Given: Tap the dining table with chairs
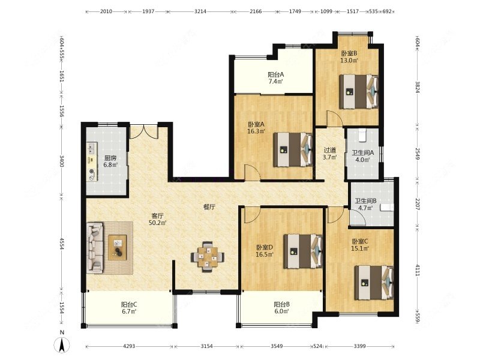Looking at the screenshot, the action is (208, 257).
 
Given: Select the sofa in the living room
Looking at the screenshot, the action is (95, 248).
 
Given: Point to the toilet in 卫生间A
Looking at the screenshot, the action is (362, 136).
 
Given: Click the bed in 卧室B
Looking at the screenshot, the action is (359, 92).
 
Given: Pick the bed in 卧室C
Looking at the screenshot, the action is (374, 283).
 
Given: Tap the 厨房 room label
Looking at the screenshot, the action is (110, 158).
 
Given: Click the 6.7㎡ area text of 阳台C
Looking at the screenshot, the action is (129, 311).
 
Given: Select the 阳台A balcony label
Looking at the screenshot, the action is (276, 74).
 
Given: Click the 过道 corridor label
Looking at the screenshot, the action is (329, 151).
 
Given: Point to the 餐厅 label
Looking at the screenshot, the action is (209, 207).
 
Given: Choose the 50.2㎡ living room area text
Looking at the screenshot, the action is (157, 223).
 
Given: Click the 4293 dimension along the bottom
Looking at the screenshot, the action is (129, 346).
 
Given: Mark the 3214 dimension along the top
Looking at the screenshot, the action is (200, 11).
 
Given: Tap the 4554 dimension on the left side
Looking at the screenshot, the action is (61, 244).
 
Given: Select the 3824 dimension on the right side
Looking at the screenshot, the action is (417, 86).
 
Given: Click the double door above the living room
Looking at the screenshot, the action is (144, 131).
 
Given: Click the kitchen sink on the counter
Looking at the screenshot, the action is (91, 148).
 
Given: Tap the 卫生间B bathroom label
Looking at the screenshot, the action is (365, 201).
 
